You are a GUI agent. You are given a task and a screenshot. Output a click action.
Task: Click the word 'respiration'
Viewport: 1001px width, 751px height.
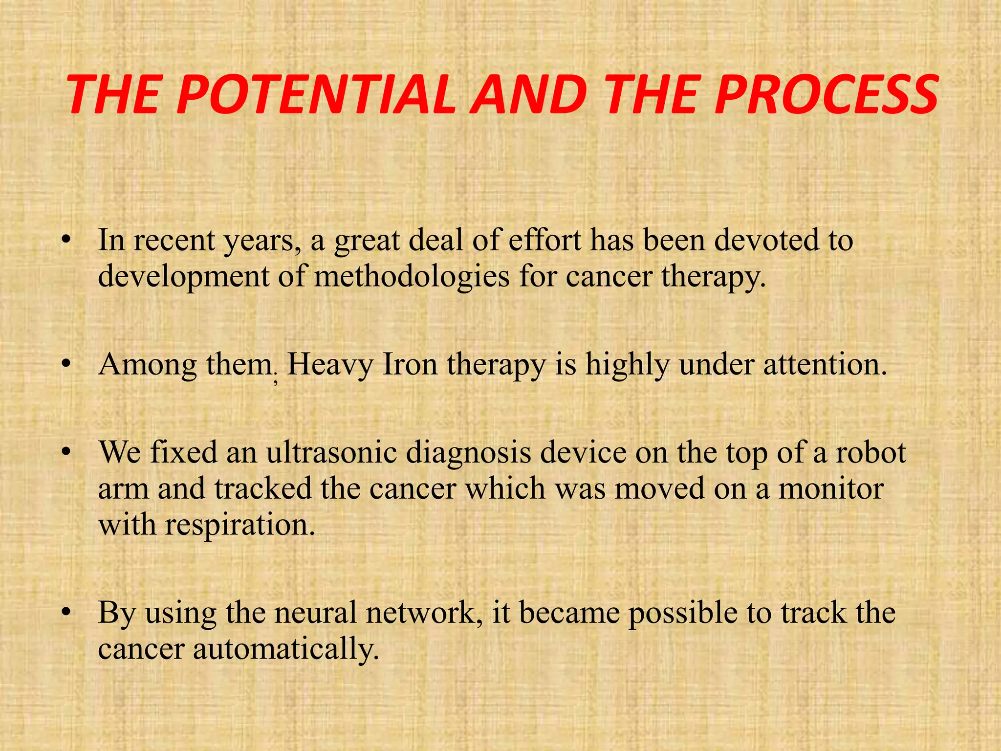point(240,525)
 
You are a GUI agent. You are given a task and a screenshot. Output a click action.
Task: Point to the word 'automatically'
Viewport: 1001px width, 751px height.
point(286,649)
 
